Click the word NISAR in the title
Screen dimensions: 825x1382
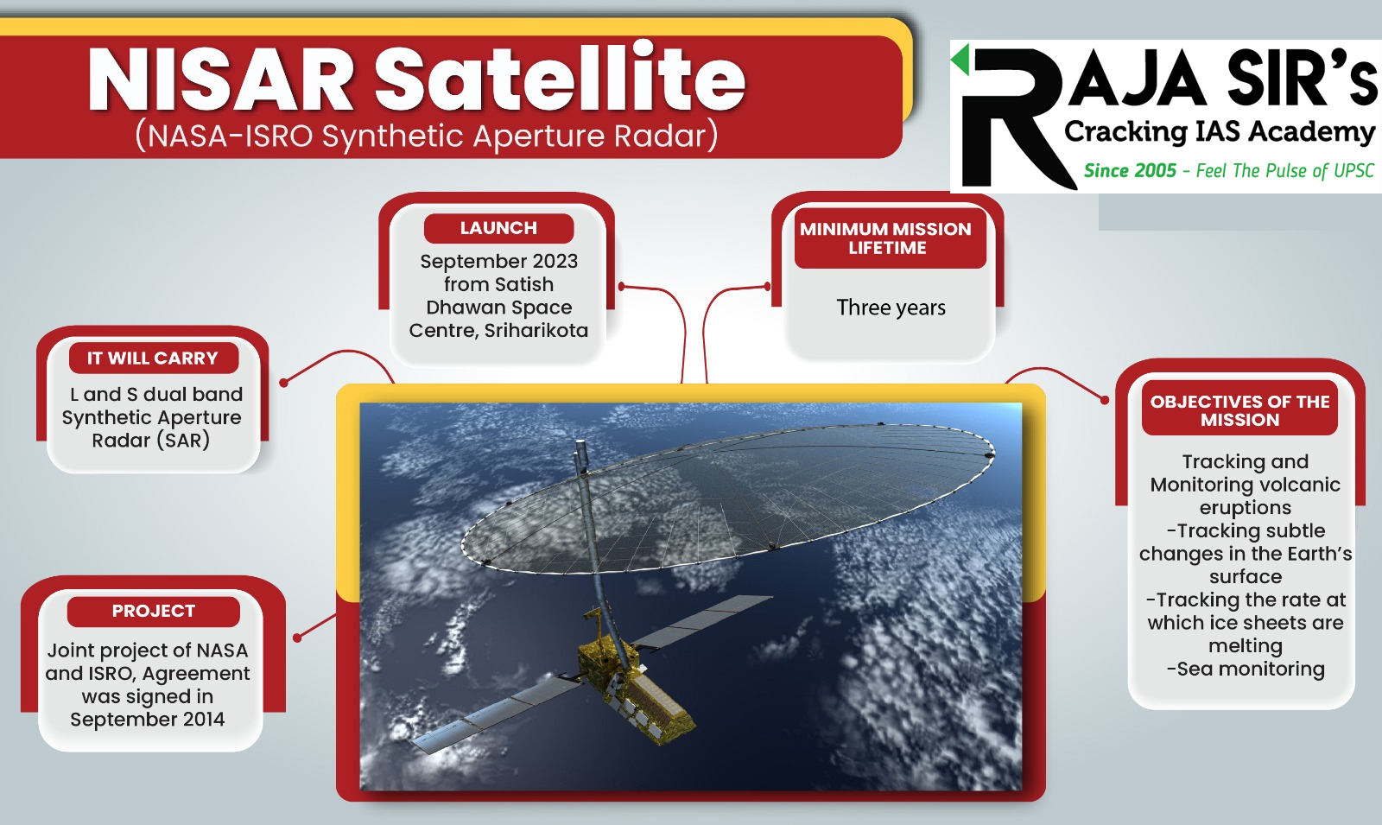click(x=221, y=80)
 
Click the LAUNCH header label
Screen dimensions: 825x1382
click(x=498, y=228)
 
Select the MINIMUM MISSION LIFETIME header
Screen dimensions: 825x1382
click(x=886, y=238)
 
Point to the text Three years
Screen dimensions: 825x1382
click(x=891, y=308)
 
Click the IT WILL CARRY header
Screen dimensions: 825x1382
click(x=153, y=358)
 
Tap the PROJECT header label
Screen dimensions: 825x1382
click(x=154, y=611)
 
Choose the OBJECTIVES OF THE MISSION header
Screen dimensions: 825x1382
click(x=1239, y=410)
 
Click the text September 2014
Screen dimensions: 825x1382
click(x=148, y=720)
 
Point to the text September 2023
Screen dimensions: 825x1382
click(x=498, y=261)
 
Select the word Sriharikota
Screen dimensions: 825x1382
click(x=536, y=330)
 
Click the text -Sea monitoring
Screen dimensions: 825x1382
click(x=1246, y=669)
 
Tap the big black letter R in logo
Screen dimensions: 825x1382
click(x=1011, y=117)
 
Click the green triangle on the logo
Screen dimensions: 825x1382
click(x=960, y=60)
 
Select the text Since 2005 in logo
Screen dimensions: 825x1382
click(x=1130, y=171)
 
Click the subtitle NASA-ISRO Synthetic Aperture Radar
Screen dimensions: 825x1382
click(x=427, y=136)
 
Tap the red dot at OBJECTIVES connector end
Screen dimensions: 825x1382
click(x=1105, y=400)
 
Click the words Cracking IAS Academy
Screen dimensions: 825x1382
click(x=1219, y=131)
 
